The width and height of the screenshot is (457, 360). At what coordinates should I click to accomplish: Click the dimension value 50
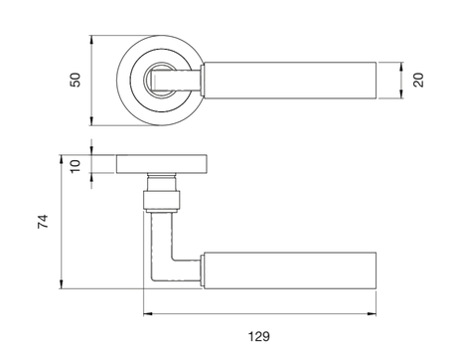pos(76,80)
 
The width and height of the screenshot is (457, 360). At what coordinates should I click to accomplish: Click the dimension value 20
pos(418,80)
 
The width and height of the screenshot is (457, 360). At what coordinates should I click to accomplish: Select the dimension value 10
pos(76,166)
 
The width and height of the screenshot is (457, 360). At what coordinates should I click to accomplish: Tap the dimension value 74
pos(43,222)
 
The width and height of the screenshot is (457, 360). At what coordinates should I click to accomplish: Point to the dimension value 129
pos(259,336)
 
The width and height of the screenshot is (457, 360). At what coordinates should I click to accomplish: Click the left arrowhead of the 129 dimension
pos(148,313)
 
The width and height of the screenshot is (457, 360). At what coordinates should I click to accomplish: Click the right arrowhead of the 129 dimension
pos(372,313)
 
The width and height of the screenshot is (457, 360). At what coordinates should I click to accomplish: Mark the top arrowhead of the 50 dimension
pos(91,40)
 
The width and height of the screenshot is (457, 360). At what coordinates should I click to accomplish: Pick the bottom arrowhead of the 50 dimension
pos(91,121)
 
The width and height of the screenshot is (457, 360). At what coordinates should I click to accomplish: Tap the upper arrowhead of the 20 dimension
pos(401,67)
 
